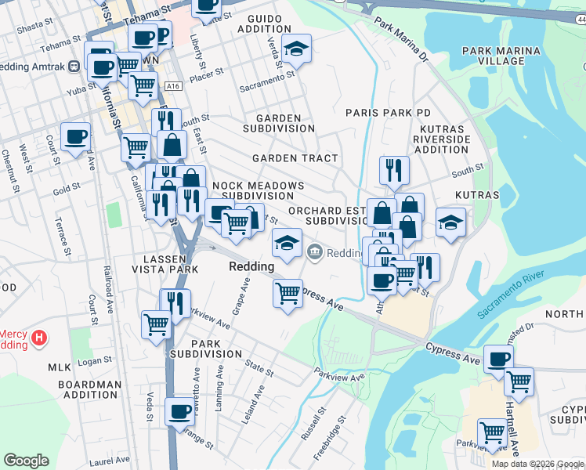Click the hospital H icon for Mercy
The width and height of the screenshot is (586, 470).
pos(38,339)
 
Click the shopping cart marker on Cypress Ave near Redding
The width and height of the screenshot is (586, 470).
pos(288,294)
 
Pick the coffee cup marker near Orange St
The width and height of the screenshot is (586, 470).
pos(179,411)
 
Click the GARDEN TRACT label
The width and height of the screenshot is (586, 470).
pos(295,158)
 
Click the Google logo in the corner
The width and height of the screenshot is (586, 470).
pos(26,461)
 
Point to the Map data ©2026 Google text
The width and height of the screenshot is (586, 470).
pos(537,464)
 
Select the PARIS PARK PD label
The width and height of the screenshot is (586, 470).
pos(389,113)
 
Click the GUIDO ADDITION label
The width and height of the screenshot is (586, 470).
pos(269,23)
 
